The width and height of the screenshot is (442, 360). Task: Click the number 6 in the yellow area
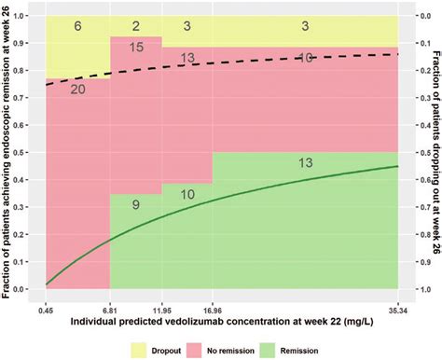77,27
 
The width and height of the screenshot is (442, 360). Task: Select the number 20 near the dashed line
77,89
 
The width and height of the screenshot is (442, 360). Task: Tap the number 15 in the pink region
136,48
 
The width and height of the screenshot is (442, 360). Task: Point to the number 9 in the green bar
136,205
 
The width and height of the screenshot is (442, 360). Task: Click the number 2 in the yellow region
136,27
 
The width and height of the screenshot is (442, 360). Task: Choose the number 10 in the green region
187,194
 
